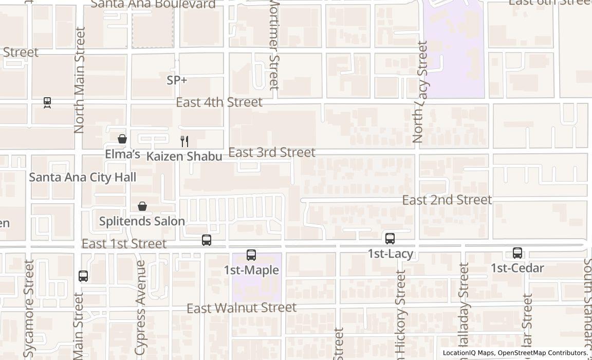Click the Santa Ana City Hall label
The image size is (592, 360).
[x=82, y=177]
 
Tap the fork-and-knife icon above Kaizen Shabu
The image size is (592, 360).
[x=184, y=141]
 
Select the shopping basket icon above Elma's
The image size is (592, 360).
[x=122, y=139]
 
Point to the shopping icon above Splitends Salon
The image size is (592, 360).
[x=142, y=206]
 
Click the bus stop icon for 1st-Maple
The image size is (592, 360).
[x=251, y=255]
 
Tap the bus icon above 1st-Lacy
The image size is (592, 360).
[x=390, y=239]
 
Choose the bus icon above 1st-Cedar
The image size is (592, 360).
[x=517, y=253]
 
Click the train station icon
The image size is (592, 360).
[x=47, y=102]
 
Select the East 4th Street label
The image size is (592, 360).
[x=219, y=102]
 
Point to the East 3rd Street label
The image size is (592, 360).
[x=272, y=152]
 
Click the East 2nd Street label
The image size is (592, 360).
[x=447, y=200]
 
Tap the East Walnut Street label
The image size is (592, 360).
[x=242, y=308]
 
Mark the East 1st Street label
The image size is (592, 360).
[x=124, y=243]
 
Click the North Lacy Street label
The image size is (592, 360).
[x=420, y=92]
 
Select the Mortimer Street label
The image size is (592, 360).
[x=274, y=45]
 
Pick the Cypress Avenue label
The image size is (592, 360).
[x=140, y=307]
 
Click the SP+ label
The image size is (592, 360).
[x=177, y=80]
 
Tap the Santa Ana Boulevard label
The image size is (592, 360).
[x=153, y=5]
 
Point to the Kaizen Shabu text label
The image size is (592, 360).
[x=184, y=156]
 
